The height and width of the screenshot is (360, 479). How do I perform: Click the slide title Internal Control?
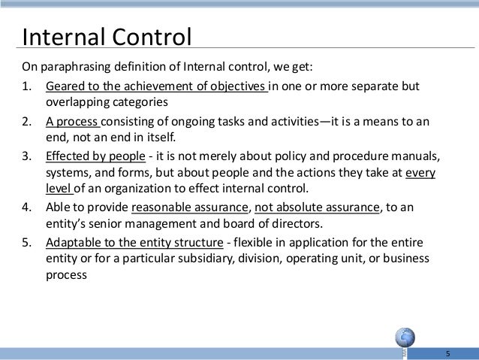[107, 35]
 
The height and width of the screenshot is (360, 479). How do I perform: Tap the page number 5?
[447, 353]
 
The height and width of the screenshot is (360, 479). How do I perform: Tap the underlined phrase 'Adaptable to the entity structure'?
[134, 244]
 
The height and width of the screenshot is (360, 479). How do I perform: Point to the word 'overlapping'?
[78, 101]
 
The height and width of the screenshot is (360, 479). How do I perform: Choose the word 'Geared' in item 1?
[65, 85]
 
